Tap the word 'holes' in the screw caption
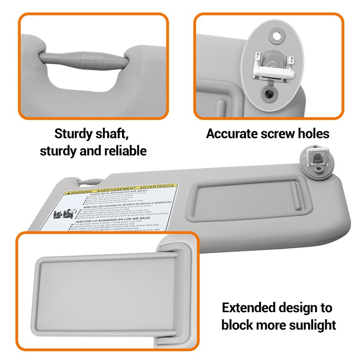coord(311,133)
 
